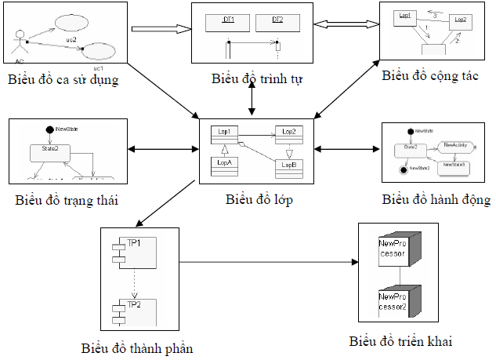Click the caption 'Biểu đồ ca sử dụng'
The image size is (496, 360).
63,79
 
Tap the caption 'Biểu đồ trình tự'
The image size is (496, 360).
257,79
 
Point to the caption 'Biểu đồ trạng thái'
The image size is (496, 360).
67,199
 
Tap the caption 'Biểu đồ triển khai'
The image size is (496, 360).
401,341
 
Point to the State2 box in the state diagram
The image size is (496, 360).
46,148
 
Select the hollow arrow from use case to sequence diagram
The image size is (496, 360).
161,30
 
